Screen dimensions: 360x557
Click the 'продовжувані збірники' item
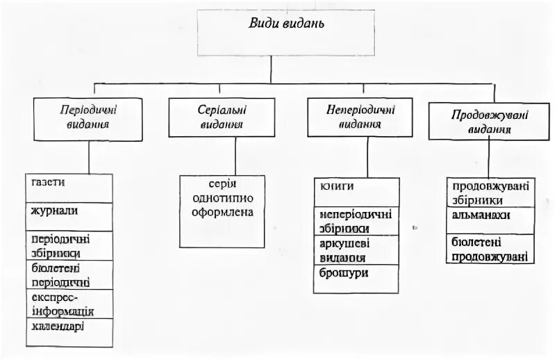click(x=490, y=193)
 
